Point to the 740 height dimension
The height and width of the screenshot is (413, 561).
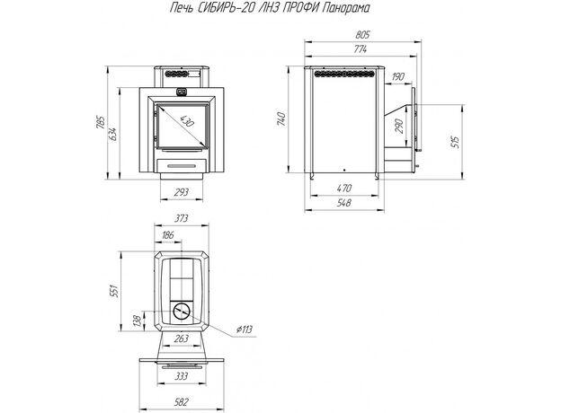pos(281,119)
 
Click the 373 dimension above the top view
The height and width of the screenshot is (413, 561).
pos(182,219)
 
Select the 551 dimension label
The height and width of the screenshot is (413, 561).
pos(114,294)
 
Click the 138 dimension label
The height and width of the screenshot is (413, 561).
pos(136,320)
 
